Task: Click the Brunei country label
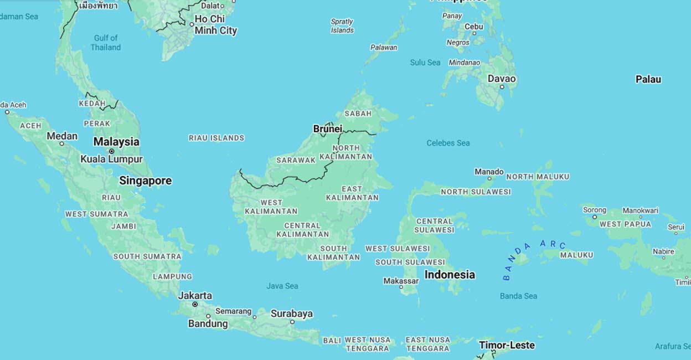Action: point(327,129)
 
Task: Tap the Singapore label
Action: point(145,181)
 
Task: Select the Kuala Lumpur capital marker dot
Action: point(111,151)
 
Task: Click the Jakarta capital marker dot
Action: point(195,304)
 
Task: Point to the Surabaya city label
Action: point(291,313)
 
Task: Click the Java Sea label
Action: point(282,286)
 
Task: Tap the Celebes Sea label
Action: point(448,143)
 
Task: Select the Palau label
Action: point(648,79)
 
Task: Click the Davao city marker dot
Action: point(502,87)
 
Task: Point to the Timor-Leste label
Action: point(507,345)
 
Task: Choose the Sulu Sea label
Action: point(425,63)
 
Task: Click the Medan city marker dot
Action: point(61,144)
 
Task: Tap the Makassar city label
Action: point(401,281)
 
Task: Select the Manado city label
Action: point(489,172)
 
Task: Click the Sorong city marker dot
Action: point(595,217)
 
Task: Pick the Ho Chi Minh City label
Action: point(215,25)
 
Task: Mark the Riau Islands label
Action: point(216,138)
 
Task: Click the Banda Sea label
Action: point(518,296)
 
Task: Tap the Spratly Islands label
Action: point(342,26)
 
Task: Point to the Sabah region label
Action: point(358,114)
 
